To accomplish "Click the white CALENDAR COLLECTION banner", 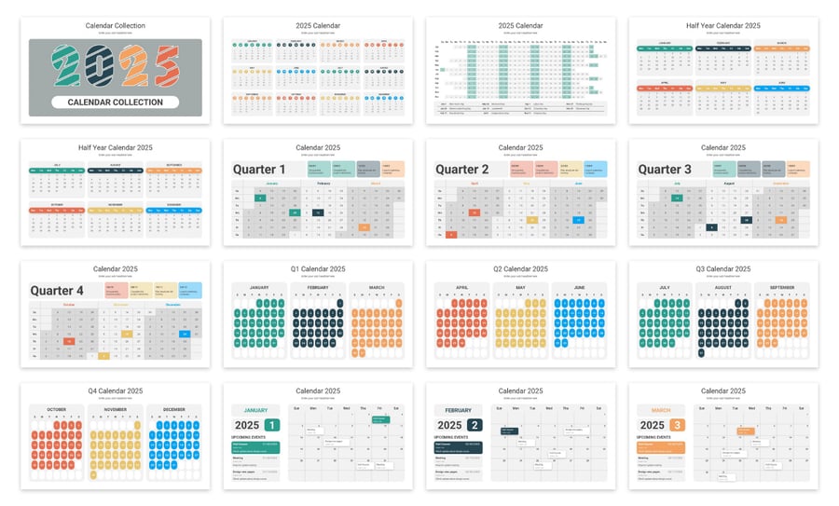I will [x=116, y=103].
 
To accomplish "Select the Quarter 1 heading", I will [x=259, y=170].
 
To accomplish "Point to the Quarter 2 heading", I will [x=462, y=170].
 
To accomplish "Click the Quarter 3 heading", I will [x=665, y=170].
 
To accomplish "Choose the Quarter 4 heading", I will [x=57, y=291].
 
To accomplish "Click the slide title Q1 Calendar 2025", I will [x=318, y=269].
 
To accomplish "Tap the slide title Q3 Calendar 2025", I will [x=723, y=269].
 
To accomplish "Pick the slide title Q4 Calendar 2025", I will [x=116, y=390].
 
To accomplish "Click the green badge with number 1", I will [x=271, y=425].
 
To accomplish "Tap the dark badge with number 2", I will [x=475, y=425].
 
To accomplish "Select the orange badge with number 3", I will [x=678, y=425].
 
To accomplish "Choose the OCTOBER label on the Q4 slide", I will [x=56, y=409].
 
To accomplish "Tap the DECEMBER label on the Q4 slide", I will [x=174, y=409].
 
